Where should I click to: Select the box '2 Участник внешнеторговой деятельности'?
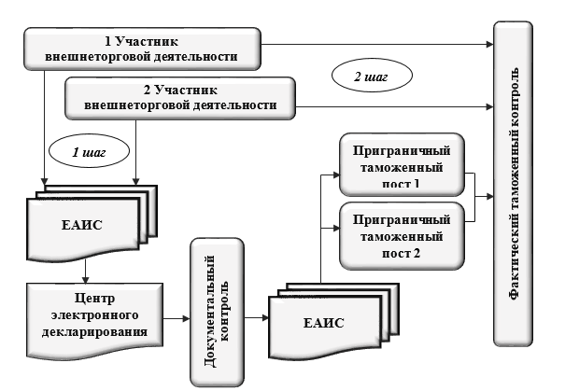click(180, 98)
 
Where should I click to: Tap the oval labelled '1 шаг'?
click(90, 152)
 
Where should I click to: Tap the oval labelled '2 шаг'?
click(371, 77)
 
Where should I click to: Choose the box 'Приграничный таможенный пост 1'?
click(403, 168)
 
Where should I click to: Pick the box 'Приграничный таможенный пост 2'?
click(403, 234)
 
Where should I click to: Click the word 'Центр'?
click(89, 299)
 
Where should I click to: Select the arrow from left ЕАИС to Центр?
click(86, 272)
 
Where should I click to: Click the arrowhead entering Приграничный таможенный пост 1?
click(334, 172)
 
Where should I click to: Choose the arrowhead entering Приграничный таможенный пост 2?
click(334, 227)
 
